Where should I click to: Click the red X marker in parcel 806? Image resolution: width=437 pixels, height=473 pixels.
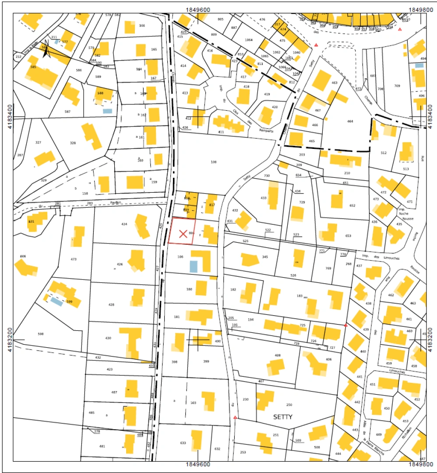pyautogui.click(x=183, y=234)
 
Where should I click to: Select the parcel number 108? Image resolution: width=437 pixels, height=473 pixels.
pyautogui.click(x=214, y=162)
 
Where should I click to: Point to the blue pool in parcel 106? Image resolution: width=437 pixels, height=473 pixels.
pyautogui.click(x=194, y=266)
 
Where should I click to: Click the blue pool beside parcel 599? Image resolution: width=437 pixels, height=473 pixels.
pyautogui.click(x=56, y=301)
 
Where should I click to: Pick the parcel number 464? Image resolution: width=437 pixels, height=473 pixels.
pyautogui.click(x=350, y=121)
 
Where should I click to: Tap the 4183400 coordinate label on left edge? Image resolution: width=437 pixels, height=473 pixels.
pyautogui.click(x=8, y=117)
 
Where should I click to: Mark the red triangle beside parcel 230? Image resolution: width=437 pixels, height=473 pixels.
pyautogui.click(x=236, y=418)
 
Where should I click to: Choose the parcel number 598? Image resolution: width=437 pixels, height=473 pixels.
pyautogui.click(x=41, y=334)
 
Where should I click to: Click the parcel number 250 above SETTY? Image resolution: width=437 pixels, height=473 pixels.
pyautogui.click(x=289, y=405)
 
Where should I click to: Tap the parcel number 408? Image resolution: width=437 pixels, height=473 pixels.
pyautogui.click(x=277, y=355)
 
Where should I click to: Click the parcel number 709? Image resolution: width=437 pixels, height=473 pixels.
pyautogui.click(x=397, y=86)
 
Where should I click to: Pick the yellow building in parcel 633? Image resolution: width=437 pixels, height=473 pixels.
pyautogui.click(x=196, y=441)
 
